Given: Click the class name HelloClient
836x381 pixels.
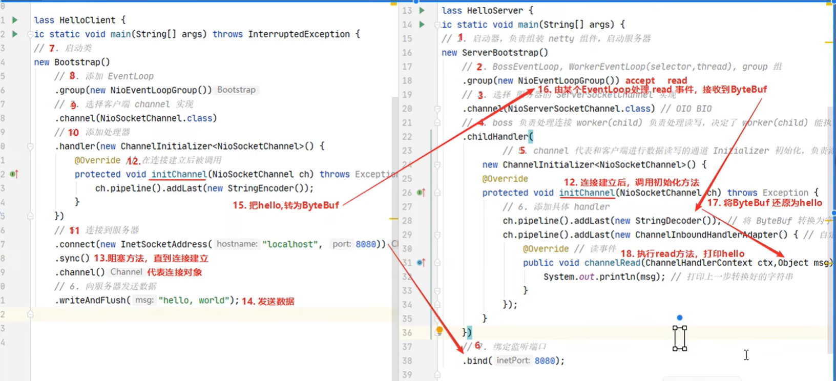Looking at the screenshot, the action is click(x=87, y=20).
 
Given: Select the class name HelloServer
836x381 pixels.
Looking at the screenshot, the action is click(x=495, y=10).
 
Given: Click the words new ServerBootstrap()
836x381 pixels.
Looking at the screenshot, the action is click(x=494, y=52).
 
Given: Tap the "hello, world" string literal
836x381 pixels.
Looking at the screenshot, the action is click(x=192, y=300).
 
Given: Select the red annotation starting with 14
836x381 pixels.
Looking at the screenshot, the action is click(x=268, y=301).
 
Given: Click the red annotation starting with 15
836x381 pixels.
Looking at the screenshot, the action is click(x=286, y=205).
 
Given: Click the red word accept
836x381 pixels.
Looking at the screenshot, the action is click(x=640, y=80).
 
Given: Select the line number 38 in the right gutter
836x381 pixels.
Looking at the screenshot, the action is click(x=407, y=361).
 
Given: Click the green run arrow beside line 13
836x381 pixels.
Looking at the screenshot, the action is click(x=422, y=10).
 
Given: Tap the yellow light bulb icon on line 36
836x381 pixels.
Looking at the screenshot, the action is click(x=440, y=330).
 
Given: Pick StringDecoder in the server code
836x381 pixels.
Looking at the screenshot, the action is click(x=668, y=221).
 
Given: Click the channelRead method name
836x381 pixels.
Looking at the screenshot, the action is click(x=612, y=263).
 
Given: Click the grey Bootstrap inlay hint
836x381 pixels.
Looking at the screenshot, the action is click(x=236, y=90).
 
